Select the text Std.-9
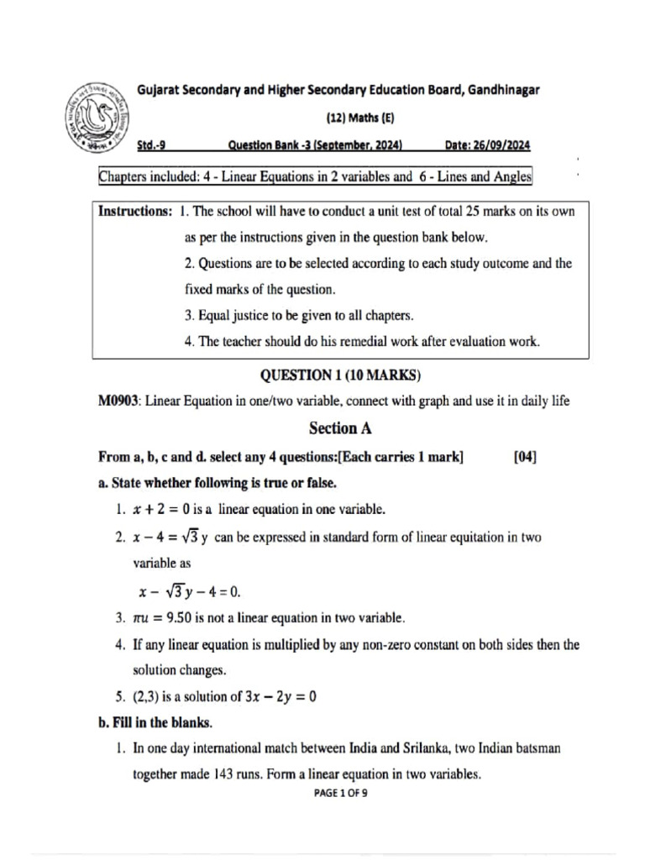coord(151,145)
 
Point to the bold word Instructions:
coord(135,212)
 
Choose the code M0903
coord(119,401)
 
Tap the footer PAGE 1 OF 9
coord(340,794)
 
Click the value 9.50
coord(186,619)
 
